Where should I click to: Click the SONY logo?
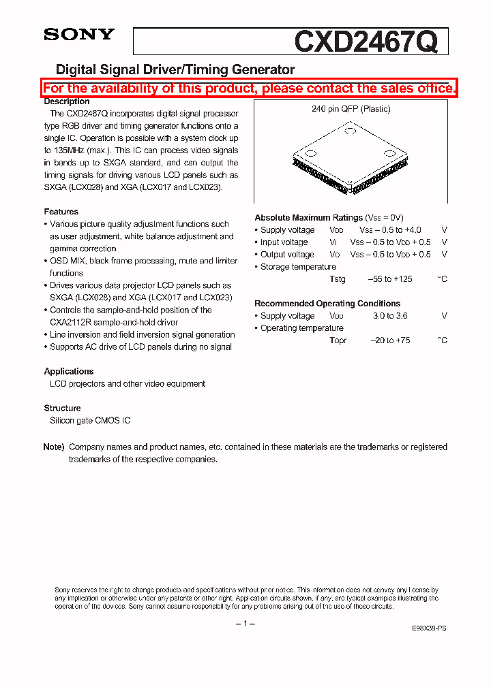click(79, 35)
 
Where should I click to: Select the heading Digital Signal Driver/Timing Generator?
click(175, 69)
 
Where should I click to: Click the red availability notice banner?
click(249, 89)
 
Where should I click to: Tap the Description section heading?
click(67, 101)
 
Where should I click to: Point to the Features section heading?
click(61, 212)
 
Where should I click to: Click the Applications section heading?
click(69, 371)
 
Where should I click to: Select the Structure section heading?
click(63, 408)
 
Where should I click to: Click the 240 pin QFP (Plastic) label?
click(351, 109)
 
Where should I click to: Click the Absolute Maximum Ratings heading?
click(308, 218)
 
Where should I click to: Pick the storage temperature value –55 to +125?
click(390, 279)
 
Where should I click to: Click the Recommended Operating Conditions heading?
click(327, 304)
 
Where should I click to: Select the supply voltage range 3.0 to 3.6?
click(390, 316)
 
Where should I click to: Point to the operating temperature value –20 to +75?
click(390, 340)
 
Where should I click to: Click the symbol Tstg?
click(338, 279)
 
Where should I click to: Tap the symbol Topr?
click(338, 340)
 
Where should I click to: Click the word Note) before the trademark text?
click(54, 447)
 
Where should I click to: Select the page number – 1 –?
click(245, 624)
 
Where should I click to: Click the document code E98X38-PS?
click(430, 629)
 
